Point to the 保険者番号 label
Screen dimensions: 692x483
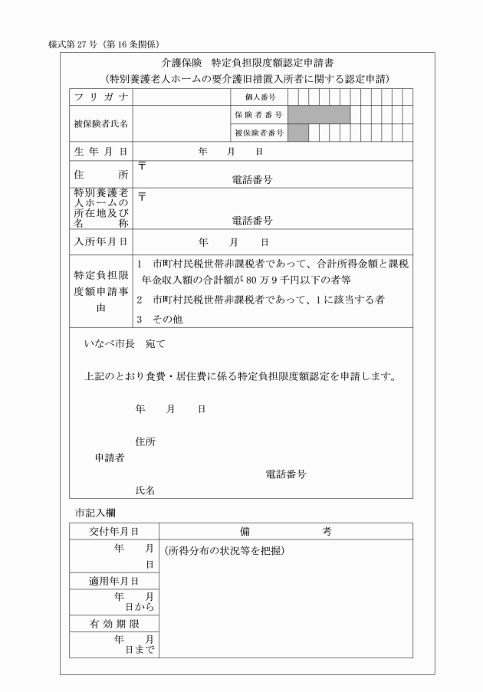click(258, 115)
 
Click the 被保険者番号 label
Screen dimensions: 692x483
click(258, 133)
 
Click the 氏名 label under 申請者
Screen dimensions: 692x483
click(145, 490)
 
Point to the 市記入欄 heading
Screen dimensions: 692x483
click(95, 510)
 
